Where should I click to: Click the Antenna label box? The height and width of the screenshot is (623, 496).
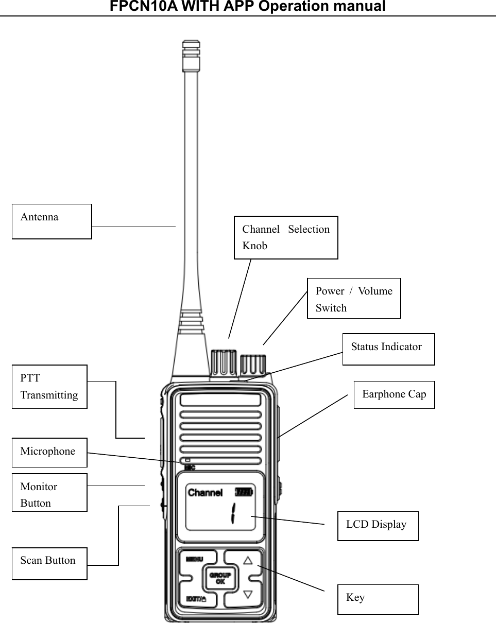[x=52, y=221]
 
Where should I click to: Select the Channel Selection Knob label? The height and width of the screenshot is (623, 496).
[x=286, y=237]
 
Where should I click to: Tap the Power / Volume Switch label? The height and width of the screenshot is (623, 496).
[x=354, y=299]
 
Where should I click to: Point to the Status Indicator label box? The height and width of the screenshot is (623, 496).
[x=388, y=349]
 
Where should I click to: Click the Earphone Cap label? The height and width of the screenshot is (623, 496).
[x=394, y=395]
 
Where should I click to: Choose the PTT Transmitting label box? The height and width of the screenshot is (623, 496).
[x=49, y=387]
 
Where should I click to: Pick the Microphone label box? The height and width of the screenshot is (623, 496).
[x=49, y=453]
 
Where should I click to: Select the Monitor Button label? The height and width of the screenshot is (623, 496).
[x=49, y=493]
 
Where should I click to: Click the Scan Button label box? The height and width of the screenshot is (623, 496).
[x=49, y=564]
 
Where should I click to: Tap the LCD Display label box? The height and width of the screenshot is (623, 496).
[x=378, y=526]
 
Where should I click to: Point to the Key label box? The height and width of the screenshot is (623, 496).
[x=378, y=599]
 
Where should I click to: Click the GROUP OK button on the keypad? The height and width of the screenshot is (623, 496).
[x=220, y=578]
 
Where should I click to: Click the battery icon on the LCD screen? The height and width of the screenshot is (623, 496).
[x=244, y=492]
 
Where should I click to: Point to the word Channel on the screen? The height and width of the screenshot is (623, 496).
[x=205, y=493]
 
